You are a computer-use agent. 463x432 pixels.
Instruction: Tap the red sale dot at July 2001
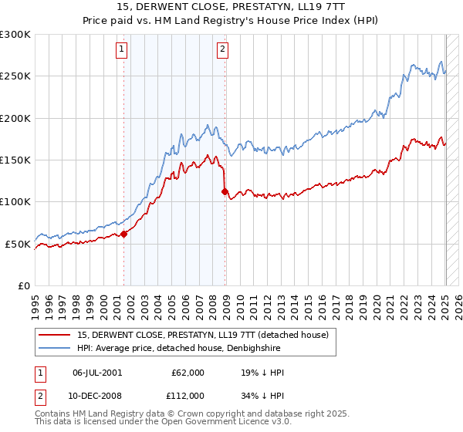point(124,235)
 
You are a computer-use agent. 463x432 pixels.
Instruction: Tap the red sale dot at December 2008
point(225,192)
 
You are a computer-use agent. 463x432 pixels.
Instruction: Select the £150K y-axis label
point(15,160)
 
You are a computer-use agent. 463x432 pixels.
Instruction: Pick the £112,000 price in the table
point(187,395)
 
